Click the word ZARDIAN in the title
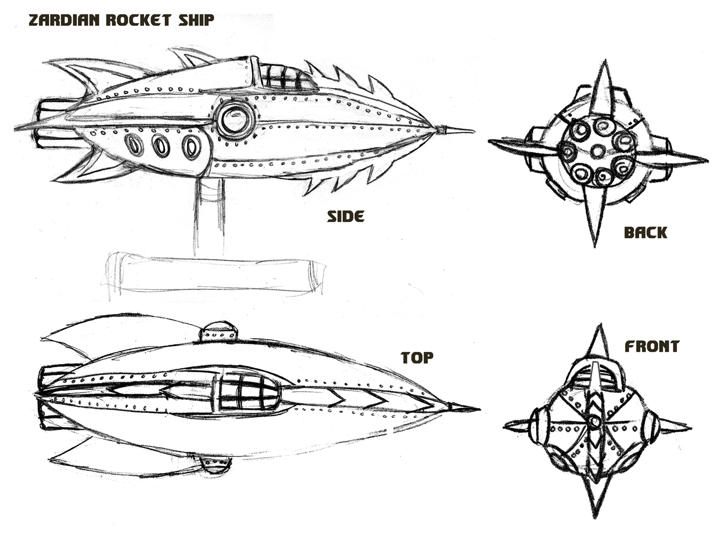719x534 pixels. coord(65,20)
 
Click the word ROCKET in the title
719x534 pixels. coord(139,20)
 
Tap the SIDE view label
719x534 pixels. coord(345,217)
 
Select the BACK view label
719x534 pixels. coord(645,233)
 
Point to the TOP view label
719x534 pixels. coord(417,358)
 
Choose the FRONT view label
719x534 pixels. coord(652,347)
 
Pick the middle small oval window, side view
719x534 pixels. coord(161,145)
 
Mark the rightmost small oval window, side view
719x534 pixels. coord(191,146)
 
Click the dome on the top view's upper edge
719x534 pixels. coord(218,332)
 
